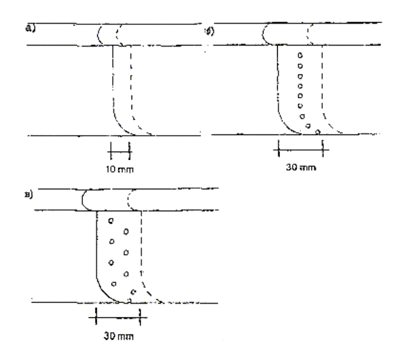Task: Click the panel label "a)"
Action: pyautogui.click(x=31, y=29)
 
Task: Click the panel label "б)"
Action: pyautogui.click(x=210, y=31)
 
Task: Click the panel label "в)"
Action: pyautogui.click(x=29, y=195)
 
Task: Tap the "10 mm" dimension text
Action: pyautogui.click(x=119, y=169)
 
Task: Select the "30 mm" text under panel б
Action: pyautogui.click(x=301, y=167)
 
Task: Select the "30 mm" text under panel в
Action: pyautogui.click(x=119, y=336)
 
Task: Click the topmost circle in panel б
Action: pyautogui.click(x=300, y=55)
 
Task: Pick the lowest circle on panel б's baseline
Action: pyautogui.click(x=318, y=131)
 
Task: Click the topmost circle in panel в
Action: pyautogui.click(x=111, y=221)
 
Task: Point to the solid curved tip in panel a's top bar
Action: pyautogui.click(x=98, y=35)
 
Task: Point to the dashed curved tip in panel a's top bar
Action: pyautogui.click(x=117, y=35)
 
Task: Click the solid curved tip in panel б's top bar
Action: pyautogui.click(x=262, y=34)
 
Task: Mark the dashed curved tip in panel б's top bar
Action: pyautogui.click(x=308, y=34)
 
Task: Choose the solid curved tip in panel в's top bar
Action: pyautogui.click(x=82, y=199)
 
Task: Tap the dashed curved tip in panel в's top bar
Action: pyautogui.click(x=129, y=199)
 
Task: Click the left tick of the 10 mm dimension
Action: pyautogui.click(x=111, y=151)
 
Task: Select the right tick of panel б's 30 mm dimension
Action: pyautogui.click(x=323, y=149)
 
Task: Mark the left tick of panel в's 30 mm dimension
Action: pyautogui.click(x=96, y=316)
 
